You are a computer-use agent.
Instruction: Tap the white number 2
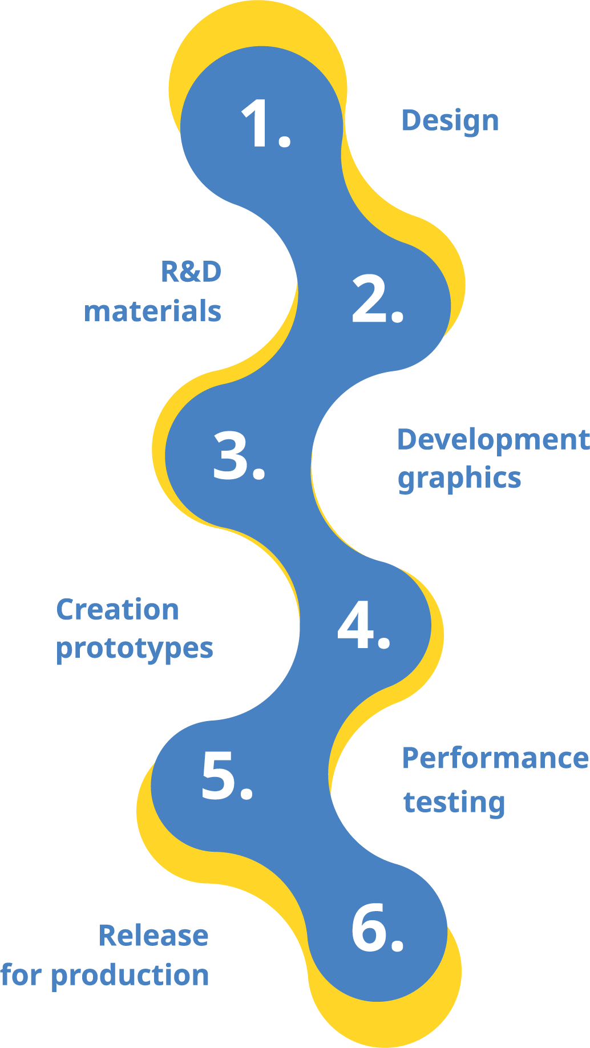coord(367,299)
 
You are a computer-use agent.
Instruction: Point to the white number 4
coord(355,625)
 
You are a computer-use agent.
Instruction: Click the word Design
coord(450,122)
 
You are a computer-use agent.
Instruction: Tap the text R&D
coord(191,272)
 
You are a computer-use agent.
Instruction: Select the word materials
coord(152,311)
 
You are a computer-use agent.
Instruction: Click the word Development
coord(493,440)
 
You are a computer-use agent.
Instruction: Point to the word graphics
coord(459,478)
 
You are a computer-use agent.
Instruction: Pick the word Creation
coord(118,609)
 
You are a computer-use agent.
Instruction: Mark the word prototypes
coord(135,649)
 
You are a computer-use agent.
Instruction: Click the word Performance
coord(495,758)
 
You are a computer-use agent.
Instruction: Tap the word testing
coord(454,802)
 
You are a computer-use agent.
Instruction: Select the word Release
coord(153,936)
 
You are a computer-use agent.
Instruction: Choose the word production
coord(130,976)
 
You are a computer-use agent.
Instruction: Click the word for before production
coord(22,974)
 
